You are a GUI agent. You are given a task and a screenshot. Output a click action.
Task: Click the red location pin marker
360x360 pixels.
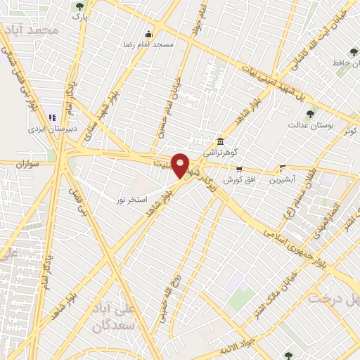pos(181,165)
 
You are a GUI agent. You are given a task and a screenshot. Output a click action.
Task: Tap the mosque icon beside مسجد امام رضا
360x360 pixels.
pos(148,34)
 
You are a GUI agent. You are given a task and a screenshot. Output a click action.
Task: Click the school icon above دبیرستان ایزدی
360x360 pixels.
pos(51,117)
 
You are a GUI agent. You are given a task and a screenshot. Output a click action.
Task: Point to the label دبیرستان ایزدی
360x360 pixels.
pos(51,129)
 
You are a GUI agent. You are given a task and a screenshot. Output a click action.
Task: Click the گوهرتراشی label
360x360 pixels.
pos(221,151)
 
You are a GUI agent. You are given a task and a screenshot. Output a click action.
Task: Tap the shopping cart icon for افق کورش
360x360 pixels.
pos(240,169)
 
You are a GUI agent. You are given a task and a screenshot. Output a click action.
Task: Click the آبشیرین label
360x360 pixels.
pos(283,179)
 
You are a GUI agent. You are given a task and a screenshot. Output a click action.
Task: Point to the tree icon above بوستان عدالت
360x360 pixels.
pos(310,113)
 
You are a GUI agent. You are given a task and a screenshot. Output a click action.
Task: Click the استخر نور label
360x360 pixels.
pos(131,200)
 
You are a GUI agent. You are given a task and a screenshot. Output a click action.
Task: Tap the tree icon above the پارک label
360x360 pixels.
pos(79,6)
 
